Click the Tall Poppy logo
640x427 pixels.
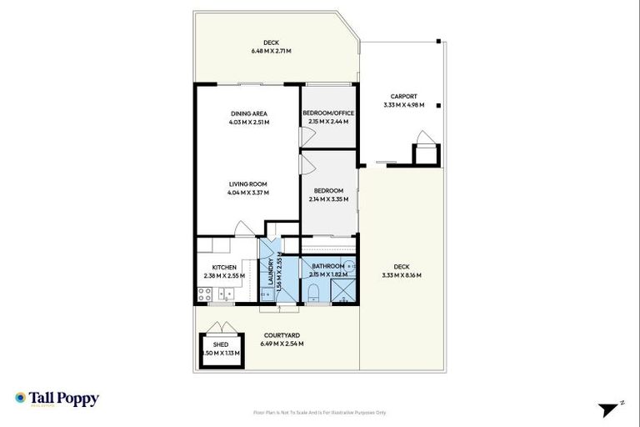click(x=57, y=399)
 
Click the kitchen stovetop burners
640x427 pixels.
click(x=204, y=293)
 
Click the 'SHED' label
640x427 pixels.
click(x=220, y=344)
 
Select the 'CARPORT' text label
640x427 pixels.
click(x=403, y=96)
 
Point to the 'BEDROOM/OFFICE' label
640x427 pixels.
click(x=328, y=113)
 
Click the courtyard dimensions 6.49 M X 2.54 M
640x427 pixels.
click(x=282, y=344)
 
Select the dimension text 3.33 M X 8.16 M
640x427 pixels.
click(x=402, y=275)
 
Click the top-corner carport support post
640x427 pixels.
click(x=438, y=41)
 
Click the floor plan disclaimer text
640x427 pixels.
click(x=320, y=412)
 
